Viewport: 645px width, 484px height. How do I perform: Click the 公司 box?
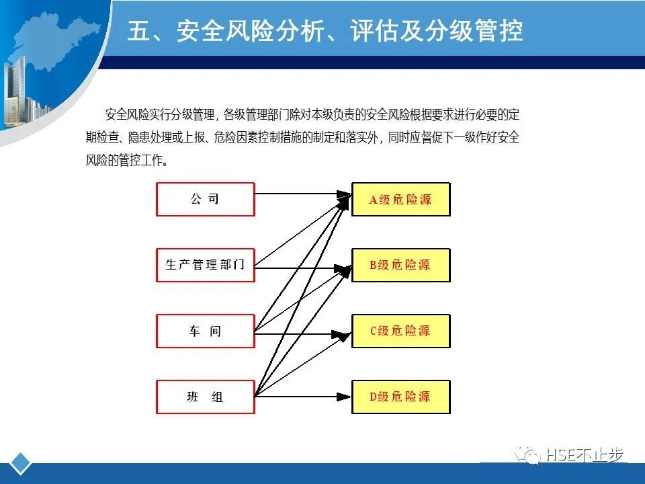pyautogui.click(x=205, y=199)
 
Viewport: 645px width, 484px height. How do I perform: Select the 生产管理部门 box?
pyautogui.click(x=205, y=265)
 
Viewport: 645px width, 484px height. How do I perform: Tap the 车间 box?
pyautogui.click(x=205, y=331)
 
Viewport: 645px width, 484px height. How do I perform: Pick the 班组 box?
pyautogui.click(x=205, y=397)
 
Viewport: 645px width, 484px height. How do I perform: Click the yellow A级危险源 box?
pyautogui.click(x=400, y=199)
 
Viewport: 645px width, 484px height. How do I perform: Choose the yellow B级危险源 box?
pyautogui.click(x=400, y=265)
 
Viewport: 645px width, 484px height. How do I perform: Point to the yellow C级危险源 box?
pyautogui.click(x=400, y=331)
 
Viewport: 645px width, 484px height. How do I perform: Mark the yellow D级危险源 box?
pyautogui.click(x=400, y=397)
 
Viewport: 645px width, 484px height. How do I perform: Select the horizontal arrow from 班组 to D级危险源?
pyautogui.click(x=302, y=397)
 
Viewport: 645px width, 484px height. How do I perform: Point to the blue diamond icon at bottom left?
pyautogui.click(x=21, y=463)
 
